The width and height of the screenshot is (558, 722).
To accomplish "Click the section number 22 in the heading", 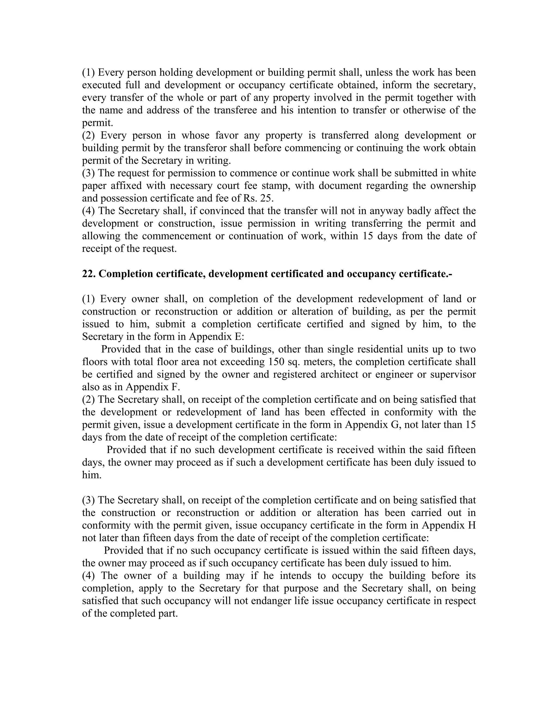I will (88, 274).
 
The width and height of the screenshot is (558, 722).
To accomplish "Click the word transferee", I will (235, 110).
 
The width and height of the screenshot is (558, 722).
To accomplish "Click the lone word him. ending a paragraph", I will (92, 475).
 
